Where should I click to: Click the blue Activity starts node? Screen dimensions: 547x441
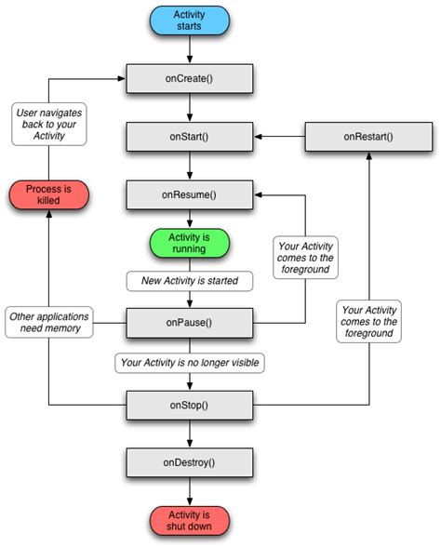click(x=190, y=20)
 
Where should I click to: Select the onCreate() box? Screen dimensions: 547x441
click(x=190, y=79)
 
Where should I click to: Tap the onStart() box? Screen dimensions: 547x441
click(x=190, y=138)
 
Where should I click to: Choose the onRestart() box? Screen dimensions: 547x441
click(x=367, y=138)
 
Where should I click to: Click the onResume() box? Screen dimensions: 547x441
click(x=190, y=195)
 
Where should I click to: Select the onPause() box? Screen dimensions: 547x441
click(x=190, y=323)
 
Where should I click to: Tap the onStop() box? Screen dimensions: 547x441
click(x=190, y=405)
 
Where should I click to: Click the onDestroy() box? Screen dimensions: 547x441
click(x=190, y=462)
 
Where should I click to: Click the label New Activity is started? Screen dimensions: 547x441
click(x=190, y=280)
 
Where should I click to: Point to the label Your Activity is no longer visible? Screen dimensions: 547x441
click(x=190, y=362)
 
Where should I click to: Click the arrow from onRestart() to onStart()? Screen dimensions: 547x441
click(x=282, y=138)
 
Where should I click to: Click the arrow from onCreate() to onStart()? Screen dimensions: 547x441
click(x=190, y=108)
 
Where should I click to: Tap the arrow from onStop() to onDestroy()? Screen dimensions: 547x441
click(x=190, y=434)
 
